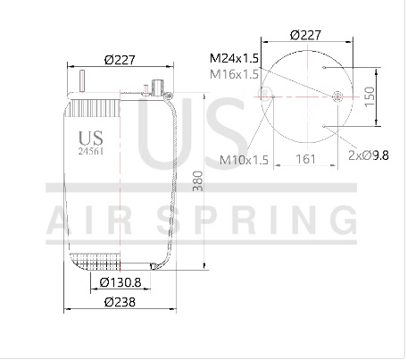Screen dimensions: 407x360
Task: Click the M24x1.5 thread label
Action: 234,58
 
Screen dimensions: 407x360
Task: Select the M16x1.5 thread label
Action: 234,74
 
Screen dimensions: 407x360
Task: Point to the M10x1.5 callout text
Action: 244,160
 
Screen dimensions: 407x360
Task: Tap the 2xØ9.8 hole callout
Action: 369,155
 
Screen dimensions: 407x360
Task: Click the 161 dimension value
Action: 305,159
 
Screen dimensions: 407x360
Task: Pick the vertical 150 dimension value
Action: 370,96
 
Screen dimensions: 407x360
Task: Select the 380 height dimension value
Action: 198,181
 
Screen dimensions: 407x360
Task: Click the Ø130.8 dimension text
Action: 120,282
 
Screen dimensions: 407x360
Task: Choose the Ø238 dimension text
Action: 120,302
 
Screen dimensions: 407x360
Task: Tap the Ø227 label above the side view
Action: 120,60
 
